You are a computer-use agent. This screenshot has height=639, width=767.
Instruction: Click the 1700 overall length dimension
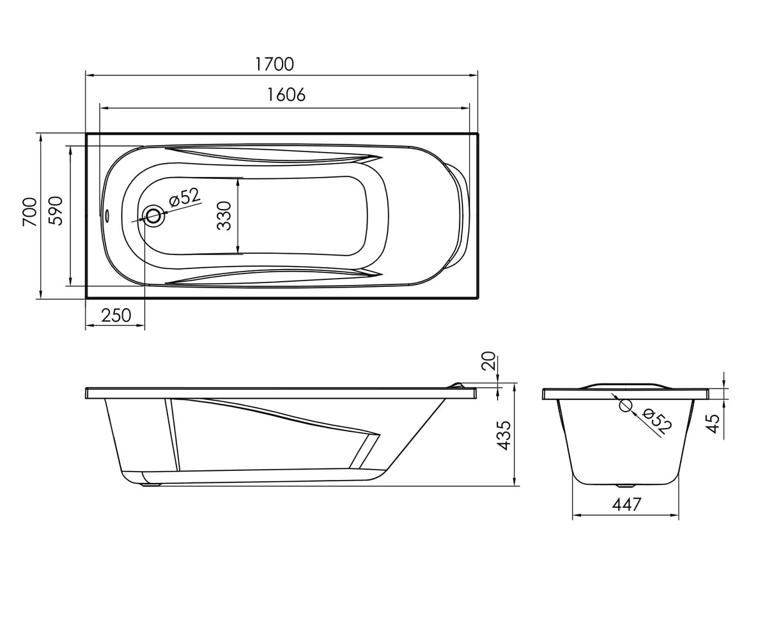(274, 65)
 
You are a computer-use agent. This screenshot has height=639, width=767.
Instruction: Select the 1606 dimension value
(286, 95)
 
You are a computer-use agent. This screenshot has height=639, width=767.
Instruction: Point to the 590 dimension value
(56, 211)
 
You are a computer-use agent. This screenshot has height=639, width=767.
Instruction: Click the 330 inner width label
(224, 215)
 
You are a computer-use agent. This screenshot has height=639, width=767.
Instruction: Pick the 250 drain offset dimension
(116, 315)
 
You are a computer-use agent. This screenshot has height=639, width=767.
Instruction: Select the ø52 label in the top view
(185, 197)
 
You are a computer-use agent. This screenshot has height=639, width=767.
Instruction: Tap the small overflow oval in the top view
(107, 215)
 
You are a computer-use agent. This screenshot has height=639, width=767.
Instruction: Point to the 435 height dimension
(503, 436)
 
